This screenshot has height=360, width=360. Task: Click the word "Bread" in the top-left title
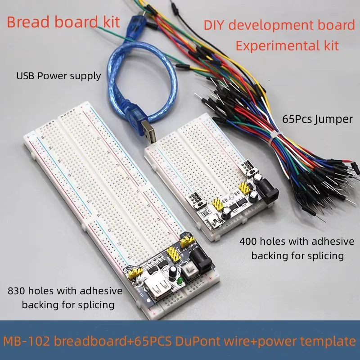[x=28, y=22]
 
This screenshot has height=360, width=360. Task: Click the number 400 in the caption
[x=248, y=242]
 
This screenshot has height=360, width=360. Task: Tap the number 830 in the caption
[x=16, y=291]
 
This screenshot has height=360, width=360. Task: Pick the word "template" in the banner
[x=328, y=342]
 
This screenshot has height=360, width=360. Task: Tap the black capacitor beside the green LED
[x=173, y=273]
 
